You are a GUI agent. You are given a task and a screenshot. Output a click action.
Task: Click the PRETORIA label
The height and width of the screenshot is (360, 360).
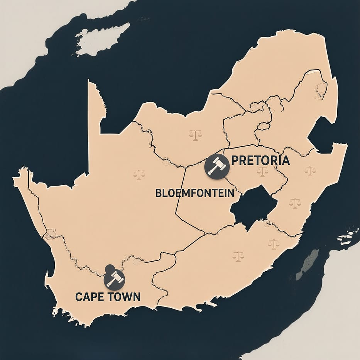(x=261, y=160)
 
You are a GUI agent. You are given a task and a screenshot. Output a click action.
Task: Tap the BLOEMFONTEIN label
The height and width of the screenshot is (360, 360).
(x=195, y=193)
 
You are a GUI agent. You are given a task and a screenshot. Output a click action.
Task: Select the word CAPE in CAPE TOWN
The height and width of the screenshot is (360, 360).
(x=89, y=297)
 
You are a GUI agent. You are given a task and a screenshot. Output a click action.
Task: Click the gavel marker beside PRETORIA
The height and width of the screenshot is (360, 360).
(x=217, y=166)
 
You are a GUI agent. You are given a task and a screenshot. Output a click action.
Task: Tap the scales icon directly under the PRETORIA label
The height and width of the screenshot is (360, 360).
(x=263, y=171)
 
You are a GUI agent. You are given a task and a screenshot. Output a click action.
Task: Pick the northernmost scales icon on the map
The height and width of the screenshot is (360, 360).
(x=196, y=135)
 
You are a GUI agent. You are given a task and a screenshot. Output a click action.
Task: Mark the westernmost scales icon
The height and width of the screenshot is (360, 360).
(x=139, y=174)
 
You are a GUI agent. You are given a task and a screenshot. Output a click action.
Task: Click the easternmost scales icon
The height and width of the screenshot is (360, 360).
(x=310, y=170)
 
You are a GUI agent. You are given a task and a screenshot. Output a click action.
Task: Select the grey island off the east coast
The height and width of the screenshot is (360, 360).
(x=308, y=264)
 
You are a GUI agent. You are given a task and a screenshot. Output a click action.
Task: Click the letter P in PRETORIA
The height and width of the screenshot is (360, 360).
(x=235, y=161)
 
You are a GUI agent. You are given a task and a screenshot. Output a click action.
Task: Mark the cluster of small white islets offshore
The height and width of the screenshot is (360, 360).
(x=349, y=235)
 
